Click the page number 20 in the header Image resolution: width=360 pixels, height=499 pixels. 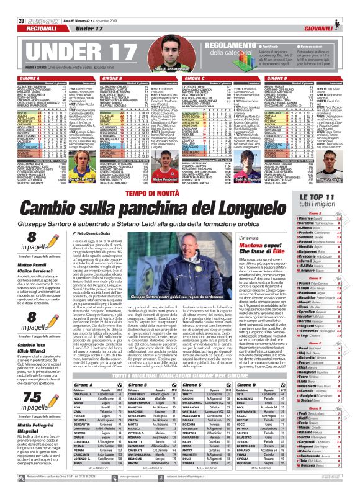12,6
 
